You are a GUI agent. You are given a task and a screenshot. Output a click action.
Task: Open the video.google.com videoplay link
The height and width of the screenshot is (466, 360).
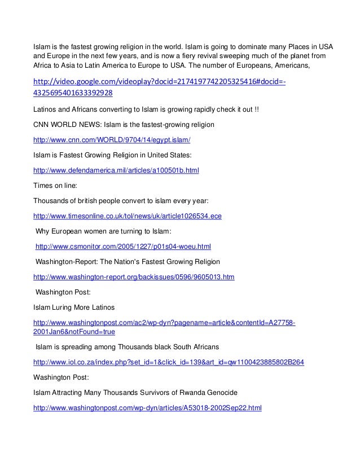click(x=160, y=83)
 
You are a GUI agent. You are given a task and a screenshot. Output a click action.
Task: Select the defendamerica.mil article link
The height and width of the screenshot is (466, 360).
click(x=117, y=169)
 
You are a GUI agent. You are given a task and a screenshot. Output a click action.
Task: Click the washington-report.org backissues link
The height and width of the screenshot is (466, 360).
click(x=134, y=278)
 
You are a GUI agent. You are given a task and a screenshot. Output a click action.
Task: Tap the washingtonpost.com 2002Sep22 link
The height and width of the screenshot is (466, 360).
click(x=148, y=408)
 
